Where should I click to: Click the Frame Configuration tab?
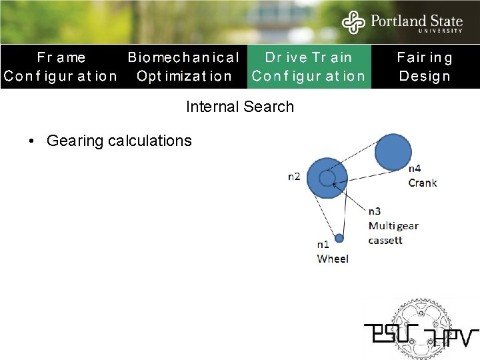pos(61,67)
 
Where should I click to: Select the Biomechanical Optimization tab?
pos(183,67)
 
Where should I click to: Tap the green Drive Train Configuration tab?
pos(309,67)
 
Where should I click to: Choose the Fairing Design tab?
pos(425,67)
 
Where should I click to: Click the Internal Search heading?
pos(239,107)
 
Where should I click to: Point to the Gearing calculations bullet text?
pos(119,141)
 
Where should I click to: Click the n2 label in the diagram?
pos(294,177)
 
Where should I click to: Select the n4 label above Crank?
pos(414,169)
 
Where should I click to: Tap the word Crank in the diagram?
pos(423,182)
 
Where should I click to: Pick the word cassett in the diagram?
pos(385,240)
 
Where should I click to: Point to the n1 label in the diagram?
pos(323,245)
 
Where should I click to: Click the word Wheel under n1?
pos(333,259)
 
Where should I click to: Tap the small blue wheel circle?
pos(339,238)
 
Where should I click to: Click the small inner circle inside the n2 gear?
pos(327,178)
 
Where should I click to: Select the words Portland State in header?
pos(416,21)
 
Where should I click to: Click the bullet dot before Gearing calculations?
pos(31,141)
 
